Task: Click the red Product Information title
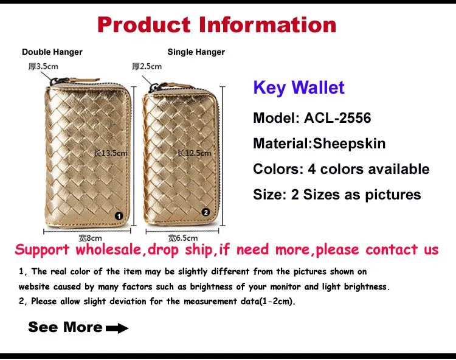[216, 24]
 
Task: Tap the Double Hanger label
[52, 52]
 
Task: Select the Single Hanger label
[196, 52]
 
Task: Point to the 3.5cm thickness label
[43, 67]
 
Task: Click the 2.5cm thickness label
[147, 67]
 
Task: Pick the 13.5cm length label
[111, 153]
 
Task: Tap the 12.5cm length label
[195, 153]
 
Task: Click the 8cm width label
[91, 238]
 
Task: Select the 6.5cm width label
[183, 238]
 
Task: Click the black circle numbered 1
[119, 216]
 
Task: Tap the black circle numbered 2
[206, 212]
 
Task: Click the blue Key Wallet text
[299, 88]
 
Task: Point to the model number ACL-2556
[337, 118]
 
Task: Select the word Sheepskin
[349, 144]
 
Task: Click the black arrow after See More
[117, 328]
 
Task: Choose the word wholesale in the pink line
[108, 250]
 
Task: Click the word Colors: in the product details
[278, 169]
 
